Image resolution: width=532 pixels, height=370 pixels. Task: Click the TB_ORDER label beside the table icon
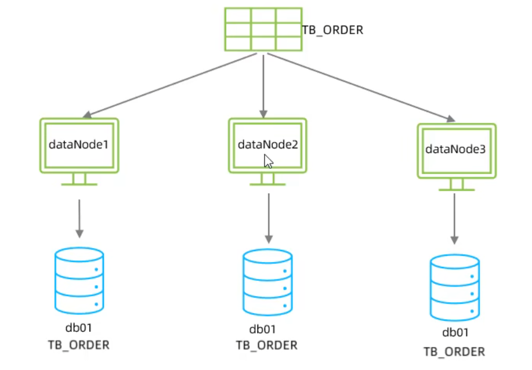[332, 30]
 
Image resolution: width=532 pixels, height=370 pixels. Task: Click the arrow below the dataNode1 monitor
[79, 218]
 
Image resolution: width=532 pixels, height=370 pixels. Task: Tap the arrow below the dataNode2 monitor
[268, 218]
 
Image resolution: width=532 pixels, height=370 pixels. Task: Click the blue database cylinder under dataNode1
[79, 279]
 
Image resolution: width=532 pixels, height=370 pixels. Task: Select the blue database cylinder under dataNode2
[267, 281]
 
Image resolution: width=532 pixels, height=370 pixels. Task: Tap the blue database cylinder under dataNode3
[455, 287]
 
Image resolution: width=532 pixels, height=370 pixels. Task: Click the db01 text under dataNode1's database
[78, 328]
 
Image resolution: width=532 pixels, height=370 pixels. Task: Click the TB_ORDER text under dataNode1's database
[78, 345]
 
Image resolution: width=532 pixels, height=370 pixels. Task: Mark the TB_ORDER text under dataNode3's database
[454, 351]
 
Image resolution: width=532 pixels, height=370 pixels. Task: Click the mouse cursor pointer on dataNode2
[268, 161]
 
